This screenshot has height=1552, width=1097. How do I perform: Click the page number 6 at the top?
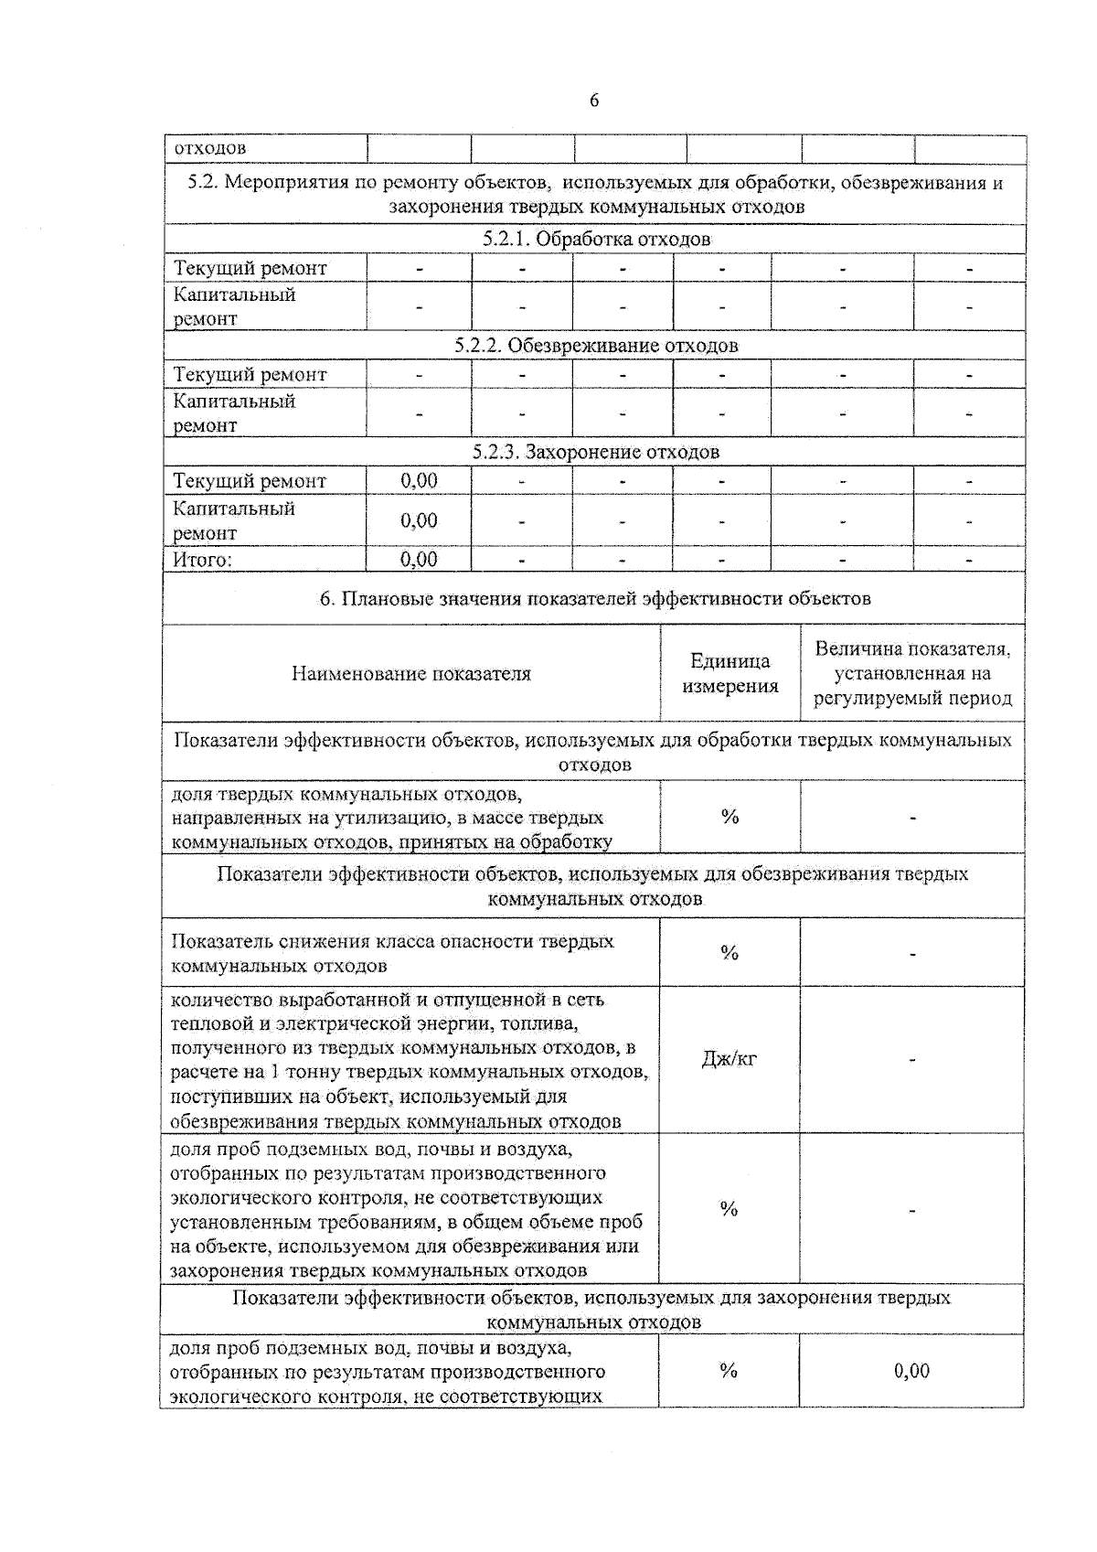[x=594, y=101]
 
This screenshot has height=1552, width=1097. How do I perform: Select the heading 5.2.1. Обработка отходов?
[x=595, y=239]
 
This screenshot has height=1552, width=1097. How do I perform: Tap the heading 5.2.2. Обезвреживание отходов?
[x=595, y=346]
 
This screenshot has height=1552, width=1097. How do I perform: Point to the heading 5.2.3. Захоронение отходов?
[x=595, y=452]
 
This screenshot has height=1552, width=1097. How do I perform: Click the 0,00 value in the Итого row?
[x=419, y=559]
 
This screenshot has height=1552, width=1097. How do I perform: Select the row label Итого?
[x=202, y=560]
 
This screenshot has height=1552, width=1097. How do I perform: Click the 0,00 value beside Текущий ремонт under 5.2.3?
[x=419, y=480]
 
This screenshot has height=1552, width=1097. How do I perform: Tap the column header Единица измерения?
[x=730, y=673]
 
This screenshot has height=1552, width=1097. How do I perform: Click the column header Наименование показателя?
[x=410, y=674]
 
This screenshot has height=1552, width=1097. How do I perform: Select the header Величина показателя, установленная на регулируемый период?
[x=912, y=673]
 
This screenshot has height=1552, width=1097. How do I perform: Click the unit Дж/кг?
[x=729, y=1060]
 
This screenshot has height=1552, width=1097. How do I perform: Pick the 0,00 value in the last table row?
[x=911, y=1370]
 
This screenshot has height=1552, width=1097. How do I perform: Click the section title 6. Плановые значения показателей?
[x=594, y=599]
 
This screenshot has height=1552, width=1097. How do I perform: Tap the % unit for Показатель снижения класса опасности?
[x=729, y=953]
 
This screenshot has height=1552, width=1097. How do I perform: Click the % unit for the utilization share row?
[x=729, y=817]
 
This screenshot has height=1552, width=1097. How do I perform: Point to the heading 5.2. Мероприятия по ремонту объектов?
[x=595, y=194]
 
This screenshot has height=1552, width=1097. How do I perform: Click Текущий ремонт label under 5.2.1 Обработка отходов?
[x=250, y=268]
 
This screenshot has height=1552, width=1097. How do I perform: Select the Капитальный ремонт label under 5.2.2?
[x=234, y=412]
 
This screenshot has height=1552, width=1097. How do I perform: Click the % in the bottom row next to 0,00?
[x=728, y=1370]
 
